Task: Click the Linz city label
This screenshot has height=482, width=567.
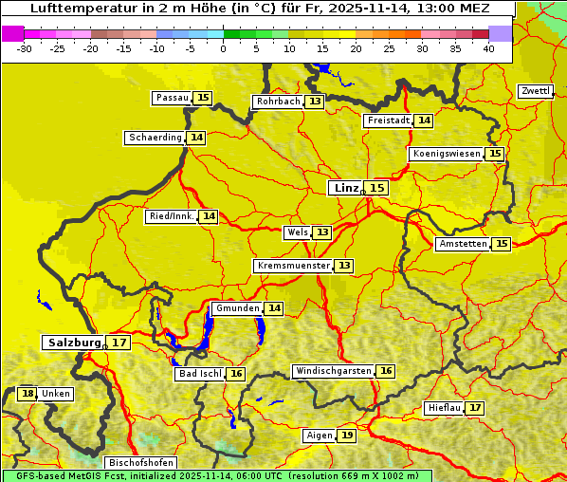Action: [345, 188]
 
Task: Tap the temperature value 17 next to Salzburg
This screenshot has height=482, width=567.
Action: [119, 343]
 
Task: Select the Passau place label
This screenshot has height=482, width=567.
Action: [173, 98]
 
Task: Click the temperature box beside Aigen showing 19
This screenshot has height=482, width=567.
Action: [347, 436]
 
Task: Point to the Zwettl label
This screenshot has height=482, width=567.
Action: [536, 91]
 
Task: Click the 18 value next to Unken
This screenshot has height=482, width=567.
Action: [27, 394]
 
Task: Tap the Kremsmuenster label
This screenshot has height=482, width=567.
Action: [293, 266]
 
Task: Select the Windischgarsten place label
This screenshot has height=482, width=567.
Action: [333, 371]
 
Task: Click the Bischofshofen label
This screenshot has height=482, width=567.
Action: [140, 463]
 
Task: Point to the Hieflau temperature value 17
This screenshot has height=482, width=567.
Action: [475, 408]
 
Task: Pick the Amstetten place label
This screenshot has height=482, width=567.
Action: [463, 244]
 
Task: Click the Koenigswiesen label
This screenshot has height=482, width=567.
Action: [447, 154]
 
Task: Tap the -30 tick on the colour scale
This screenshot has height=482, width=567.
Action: [25, 48]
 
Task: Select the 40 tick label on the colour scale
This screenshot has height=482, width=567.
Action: [488, 48]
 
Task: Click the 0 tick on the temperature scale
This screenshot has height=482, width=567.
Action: [224, 48]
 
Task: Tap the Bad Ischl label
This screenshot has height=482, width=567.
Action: [199, 374]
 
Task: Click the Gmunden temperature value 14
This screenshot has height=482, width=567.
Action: [274, 308]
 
